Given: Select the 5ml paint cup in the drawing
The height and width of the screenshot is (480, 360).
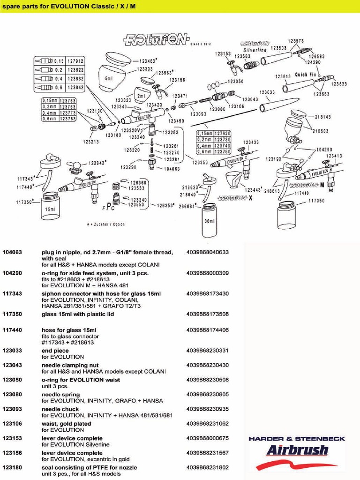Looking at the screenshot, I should (110, 75).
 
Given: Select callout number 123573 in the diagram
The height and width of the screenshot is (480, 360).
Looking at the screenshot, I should (296, 41).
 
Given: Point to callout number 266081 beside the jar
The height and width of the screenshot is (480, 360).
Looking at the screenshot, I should (188, 205).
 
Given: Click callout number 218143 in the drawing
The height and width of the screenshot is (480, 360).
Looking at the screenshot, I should (322, 117).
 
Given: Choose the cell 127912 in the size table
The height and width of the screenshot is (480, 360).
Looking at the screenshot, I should (75, 61).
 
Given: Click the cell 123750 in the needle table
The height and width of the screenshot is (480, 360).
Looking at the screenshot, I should (222, 151).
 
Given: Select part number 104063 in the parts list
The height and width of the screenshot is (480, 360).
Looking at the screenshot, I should (12, 252).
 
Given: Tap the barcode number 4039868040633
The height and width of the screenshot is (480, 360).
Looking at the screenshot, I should (207, 252).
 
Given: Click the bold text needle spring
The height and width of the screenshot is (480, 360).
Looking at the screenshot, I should (60, 395).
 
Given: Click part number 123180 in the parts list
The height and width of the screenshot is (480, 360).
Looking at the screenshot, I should (12, 467).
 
